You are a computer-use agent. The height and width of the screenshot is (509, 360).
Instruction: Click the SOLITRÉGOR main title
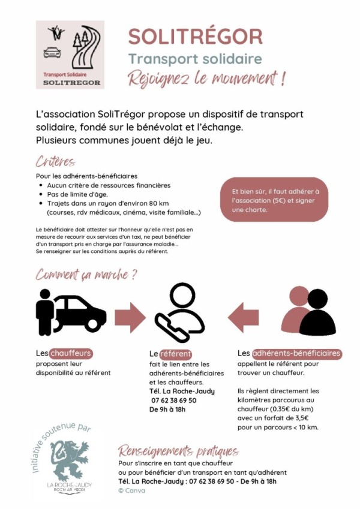(x=195, y=37)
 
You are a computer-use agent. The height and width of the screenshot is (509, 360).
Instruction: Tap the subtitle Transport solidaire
(x=195, y=59)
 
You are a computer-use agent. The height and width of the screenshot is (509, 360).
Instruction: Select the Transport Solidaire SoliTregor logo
(x=70, y=55)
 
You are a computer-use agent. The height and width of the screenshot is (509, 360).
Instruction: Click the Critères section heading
(x=55, y=162)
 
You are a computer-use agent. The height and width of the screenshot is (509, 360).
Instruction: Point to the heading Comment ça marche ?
(x=86, y=275)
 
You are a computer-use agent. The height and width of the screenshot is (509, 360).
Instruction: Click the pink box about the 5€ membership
(x=275, y=200)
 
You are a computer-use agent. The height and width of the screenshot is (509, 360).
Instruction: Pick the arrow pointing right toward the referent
(x=130, y=313)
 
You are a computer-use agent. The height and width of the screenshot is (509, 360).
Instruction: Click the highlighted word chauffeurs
(x=71, y=353)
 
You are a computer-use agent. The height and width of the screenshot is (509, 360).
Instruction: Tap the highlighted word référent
(x=175, y=354)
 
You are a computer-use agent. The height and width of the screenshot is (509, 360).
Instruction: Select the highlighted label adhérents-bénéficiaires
(x=296, y=353)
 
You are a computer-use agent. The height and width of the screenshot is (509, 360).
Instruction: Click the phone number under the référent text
(x=173, y=400)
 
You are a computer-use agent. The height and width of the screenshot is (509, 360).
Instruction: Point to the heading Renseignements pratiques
(x=178, y=451)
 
